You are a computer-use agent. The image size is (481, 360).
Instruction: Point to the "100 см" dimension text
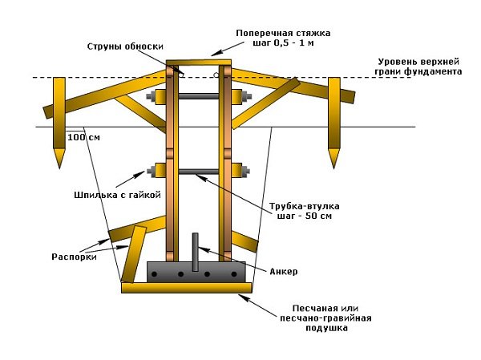click(84, 137)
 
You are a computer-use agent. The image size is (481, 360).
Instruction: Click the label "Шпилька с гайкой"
click(113, 194)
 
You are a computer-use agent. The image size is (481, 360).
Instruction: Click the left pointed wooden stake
click(59, 120)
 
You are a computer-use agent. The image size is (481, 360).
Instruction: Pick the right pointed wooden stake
click(333, 120)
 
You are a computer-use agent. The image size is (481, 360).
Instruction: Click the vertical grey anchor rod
click(193, 249)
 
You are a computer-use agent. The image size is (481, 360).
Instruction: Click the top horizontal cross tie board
click(198, 62)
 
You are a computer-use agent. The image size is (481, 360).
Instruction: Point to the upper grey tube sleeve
click(198, 97)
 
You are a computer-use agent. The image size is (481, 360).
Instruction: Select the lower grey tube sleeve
click(198, 171)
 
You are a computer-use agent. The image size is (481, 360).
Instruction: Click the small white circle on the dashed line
click(216, 76)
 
